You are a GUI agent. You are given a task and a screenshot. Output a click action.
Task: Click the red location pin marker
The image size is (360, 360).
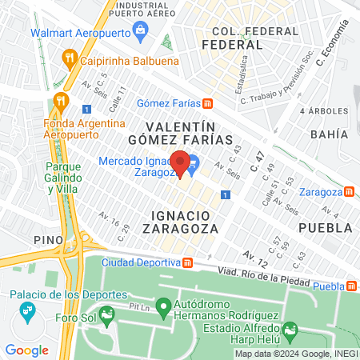[181, 162]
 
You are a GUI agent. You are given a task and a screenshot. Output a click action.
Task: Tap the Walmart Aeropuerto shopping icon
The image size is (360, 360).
[142, 33]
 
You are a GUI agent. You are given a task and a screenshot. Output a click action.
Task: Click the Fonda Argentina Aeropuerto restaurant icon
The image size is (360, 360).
[58, 102]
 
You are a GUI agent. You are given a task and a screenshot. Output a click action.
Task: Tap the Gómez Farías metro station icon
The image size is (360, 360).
[207, 102]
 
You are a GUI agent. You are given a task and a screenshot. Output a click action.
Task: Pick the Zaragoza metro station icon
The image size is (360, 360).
[349, 192]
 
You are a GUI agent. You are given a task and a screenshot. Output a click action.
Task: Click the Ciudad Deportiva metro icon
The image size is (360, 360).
[187, 262]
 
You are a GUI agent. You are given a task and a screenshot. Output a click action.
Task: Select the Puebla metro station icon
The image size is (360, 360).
[352, 287]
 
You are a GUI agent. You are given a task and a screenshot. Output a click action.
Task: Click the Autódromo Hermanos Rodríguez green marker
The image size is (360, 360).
[163, 306]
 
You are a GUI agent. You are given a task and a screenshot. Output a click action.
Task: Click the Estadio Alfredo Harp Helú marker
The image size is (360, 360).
[290, 328]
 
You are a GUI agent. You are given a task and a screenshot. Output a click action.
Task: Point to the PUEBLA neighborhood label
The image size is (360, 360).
[325, 227]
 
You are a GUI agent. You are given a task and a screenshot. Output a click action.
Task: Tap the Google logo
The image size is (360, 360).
[26, 350]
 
